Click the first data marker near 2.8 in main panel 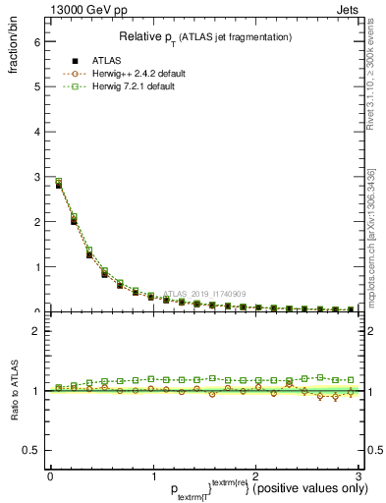pos(58,184)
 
